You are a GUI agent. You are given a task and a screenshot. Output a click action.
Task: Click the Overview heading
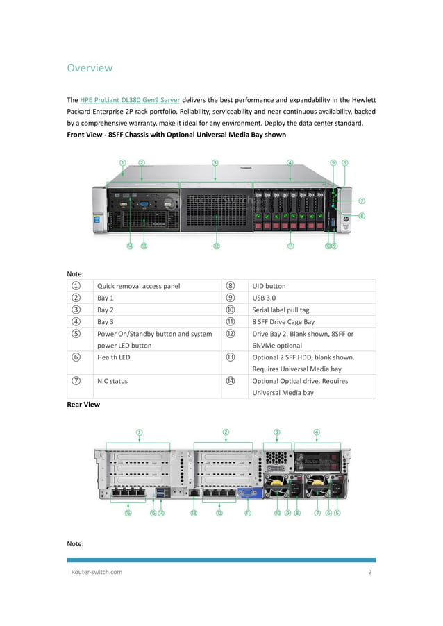(89, 68)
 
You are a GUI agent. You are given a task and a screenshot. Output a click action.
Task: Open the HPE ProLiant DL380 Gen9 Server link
(130, 100)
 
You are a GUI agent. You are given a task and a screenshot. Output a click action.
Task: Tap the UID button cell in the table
(269, 286)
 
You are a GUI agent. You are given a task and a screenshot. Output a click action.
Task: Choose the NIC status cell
(112, 381)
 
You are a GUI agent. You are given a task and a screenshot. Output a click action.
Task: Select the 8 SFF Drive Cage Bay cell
(283, 322)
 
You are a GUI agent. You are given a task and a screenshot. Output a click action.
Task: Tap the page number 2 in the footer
(370, 572)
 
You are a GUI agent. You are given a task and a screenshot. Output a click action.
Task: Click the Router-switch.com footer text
(97, 572)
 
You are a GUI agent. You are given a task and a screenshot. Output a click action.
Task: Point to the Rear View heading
(83, 404)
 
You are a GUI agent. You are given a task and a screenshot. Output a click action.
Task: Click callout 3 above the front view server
(215, 162)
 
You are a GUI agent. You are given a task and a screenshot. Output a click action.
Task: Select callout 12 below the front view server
(217, 246)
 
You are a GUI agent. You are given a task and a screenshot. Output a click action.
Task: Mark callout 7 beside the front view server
(362, 201)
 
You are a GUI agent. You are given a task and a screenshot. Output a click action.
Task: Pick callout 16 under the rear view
(128, 514)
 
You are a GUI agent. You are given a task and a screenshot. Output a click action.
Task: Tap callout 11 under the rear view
(247, 514)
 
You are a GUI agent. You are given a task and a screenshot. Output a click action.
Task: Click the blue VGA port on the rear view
(246, 493)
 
